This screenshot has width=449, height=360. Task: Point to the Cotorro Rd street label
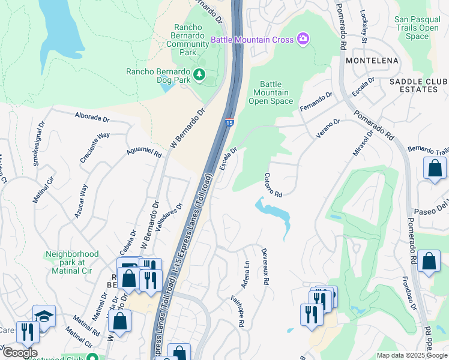coord(273,185)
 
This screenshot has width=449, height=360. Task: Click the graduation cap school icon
coord(44,316)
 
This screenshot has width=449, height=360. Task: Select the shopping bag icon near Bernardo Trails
coord(435,169)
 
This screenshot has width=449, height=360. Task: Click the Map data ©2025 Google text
coord(412,355)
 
